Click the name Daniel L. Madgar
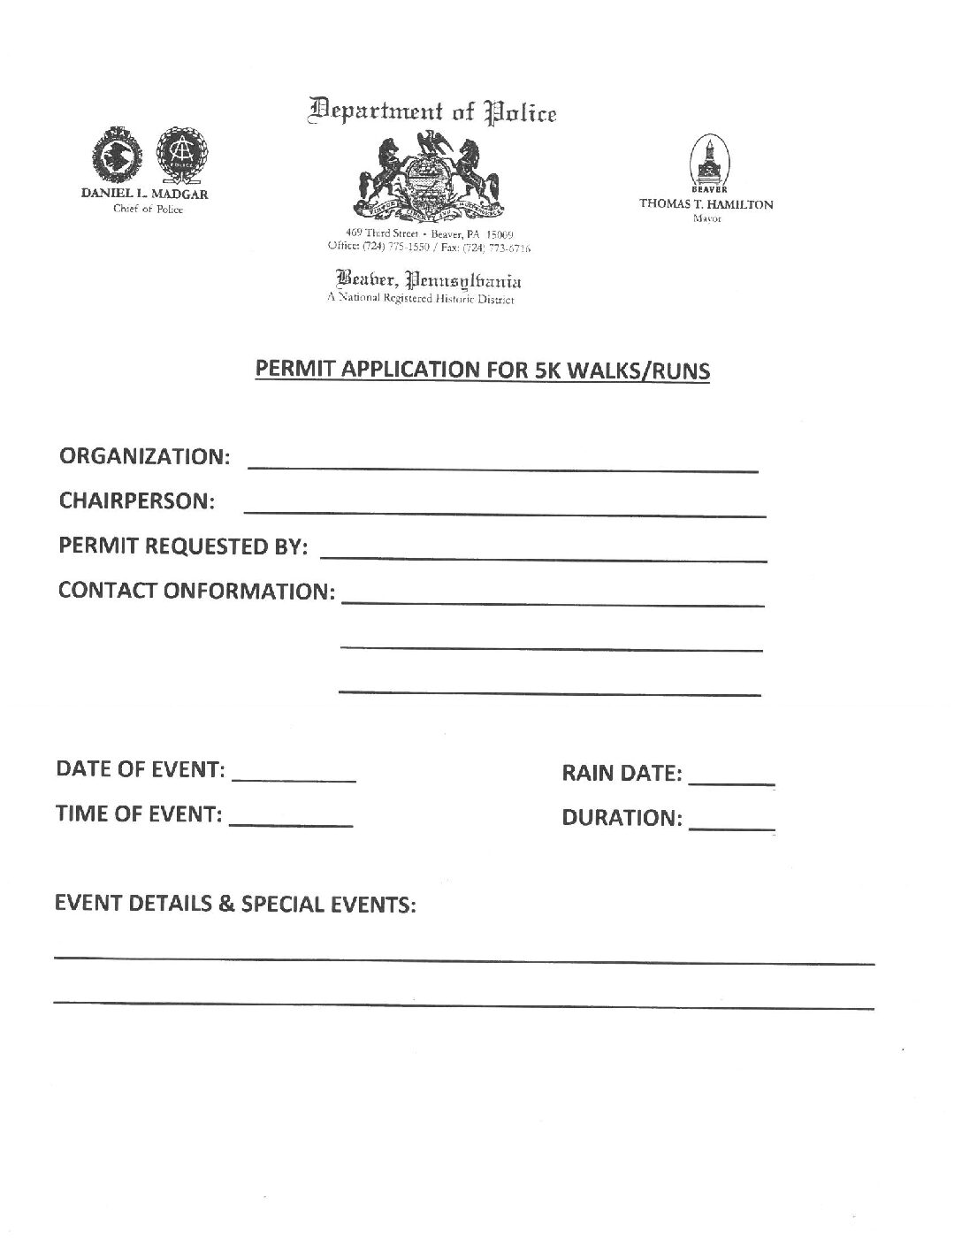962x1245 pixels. (x=145, y=195)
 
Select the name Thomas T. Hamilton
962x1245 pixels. (x=706, y=203)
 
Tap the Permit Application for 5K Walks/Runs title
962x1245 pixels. (x=483, y=370)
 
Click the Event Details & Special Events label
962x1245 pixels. (x=235, y=905)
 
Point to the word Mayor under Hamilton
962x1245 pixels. (x=706, y=218)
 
